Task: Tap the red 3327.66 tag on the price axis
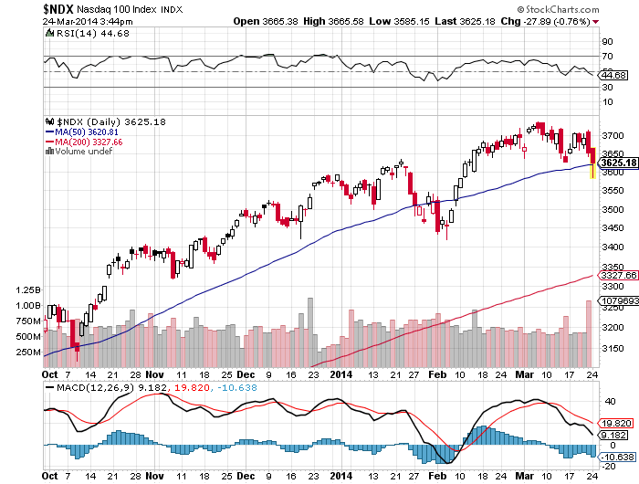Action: [615, 275]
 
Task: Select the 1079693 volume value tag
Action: [616, 300]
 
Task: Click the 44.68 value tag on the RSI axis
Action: [610, 76]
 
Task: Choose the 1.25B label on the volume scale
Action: [28, 289]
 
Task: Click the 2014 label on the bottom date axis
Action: [341, 374]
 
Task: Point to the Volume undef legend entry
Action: [84, 152]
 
